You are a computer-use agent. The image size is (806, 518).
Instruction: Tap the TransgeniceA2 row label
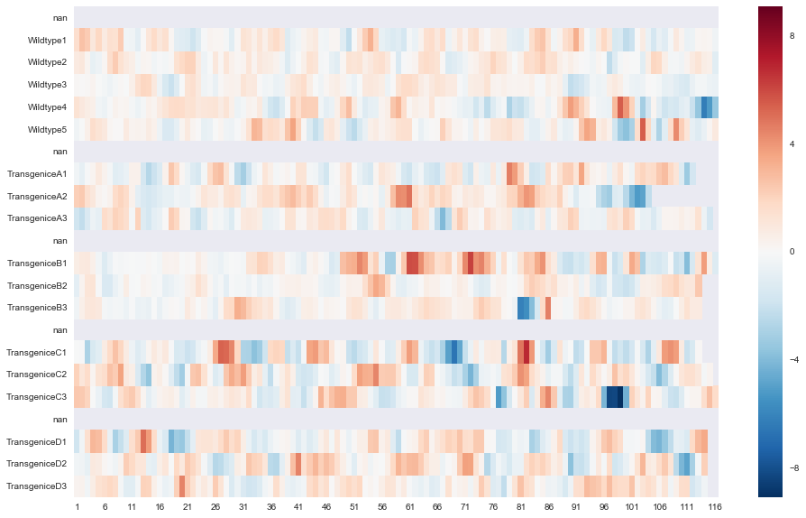[37, 196]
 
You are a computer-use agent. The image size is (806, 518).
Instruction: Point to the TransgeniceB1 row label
[37, 263]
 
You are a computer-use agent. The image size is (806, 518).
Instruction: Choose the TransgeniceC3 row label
[37, 397]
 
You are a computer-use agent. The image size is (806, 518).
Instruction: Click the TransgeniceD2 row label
[37, 464]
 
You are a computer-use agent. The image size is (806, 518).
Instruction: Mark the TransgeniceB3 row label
[37, 308]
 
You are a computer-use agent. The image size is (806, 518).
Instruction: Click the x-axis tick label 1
[77, 507]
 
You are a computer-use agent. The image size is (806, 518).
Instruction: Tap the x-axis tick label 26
[215, 507]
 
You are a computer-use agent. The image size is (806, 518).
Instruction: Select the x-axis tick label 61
[410, 507]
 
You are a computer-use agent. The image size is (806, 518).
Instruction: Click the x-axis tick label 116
[715, 507]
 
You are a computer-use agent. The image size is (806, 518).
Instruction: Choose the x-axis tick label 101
[632, 507]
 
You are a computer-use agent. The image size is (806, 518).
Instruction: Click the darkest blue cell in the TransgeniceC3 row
[614, 397]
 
